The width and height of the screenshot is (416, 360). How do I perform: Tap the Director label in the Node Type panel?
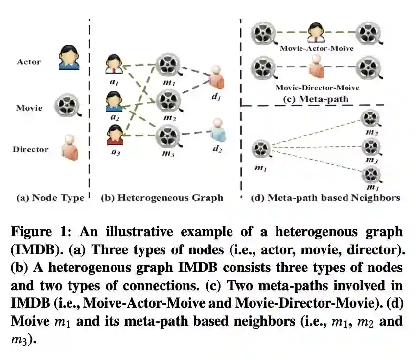(30, 149)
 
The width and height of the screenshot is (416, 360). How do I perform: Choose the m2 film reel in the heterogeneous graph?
(168, 101)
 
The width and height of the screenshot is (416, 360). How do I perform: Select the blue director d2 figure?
(217, 131)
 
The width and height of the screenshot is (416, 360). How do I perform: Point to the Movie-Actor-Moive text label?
(317, 49)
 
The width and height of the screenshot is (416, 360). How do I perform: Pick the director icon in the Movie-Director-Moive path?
(317, 67)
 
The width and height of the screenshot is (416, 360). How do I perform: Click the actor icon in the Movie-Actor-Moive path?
(317, 32)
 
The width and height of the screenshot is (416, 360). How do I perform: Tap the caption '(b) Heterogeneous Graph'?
(162, 198)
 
